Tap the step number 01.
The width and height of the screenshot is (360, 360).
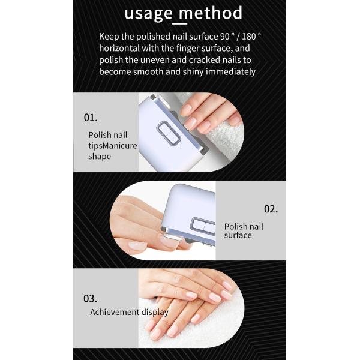(91, 117)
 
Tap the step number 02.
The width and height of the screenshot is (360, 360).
(271, 209)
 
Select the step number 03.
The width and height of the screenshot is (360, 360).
(90, 298)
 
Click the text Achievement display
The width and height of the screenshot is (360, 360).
(129, 312)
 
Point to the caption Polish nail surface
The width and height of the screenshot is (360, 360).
(244, 231)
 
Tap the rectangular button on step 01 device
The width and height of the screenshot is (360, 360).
(169, 133)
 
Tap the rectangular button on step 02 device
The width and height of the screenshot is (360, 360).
(203, 226)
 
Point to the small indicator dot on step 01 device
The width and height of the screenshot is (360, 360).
(179, 146)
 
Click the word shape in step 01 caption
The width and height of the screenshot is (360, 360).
(99, 157)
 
